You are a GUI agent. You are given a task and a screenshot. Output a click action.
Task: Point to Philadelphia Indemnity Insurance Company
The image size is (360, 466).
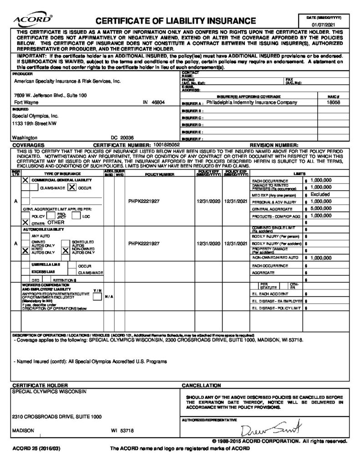tap(251, 102)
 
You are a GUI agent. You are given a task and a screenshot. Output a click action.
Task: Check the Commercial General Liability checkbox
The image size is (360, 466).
tap(25, 181)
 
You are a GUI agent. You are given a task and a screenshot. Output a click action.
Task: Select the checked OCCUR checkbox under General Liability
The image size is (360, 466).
tap(72, 187)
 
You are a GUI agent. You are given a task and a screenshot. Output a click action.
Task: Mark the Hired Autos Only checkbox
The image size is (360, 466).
tap(25, 250)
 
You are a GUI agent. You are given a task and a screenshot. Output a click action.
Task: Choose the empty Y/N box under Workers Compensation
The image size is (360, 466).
tap(97, 297)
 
